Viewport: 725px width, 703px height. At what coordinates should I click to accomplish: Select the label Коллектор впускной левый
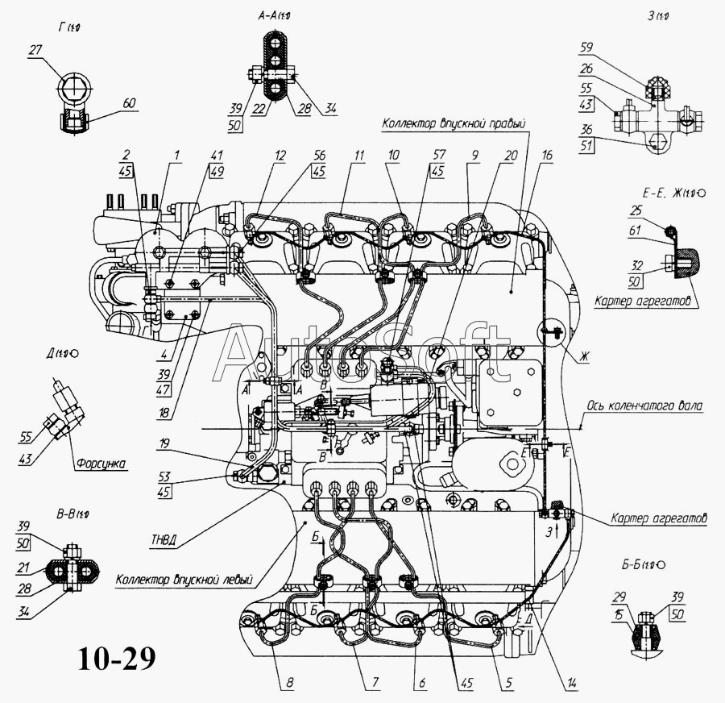[x=184, y=579]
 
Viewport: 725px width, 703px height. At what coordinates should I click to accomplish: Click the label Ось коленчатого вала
[x=644, y=406]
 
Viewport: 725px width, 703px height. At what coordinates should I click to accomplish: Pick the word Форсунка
[x=98, y=464]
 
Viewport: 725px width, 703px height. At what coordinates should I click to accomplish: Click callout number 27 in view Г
[x=34, y=52]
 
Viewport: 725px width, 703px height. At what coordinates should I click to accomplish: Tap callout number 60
[x=130, y=103]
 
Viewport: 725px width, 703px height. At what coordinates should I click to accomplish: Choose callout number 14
[x=571, y=684]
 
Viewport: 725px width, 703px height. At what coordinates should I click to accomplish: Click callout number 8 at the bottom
[x=289, y=684]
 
